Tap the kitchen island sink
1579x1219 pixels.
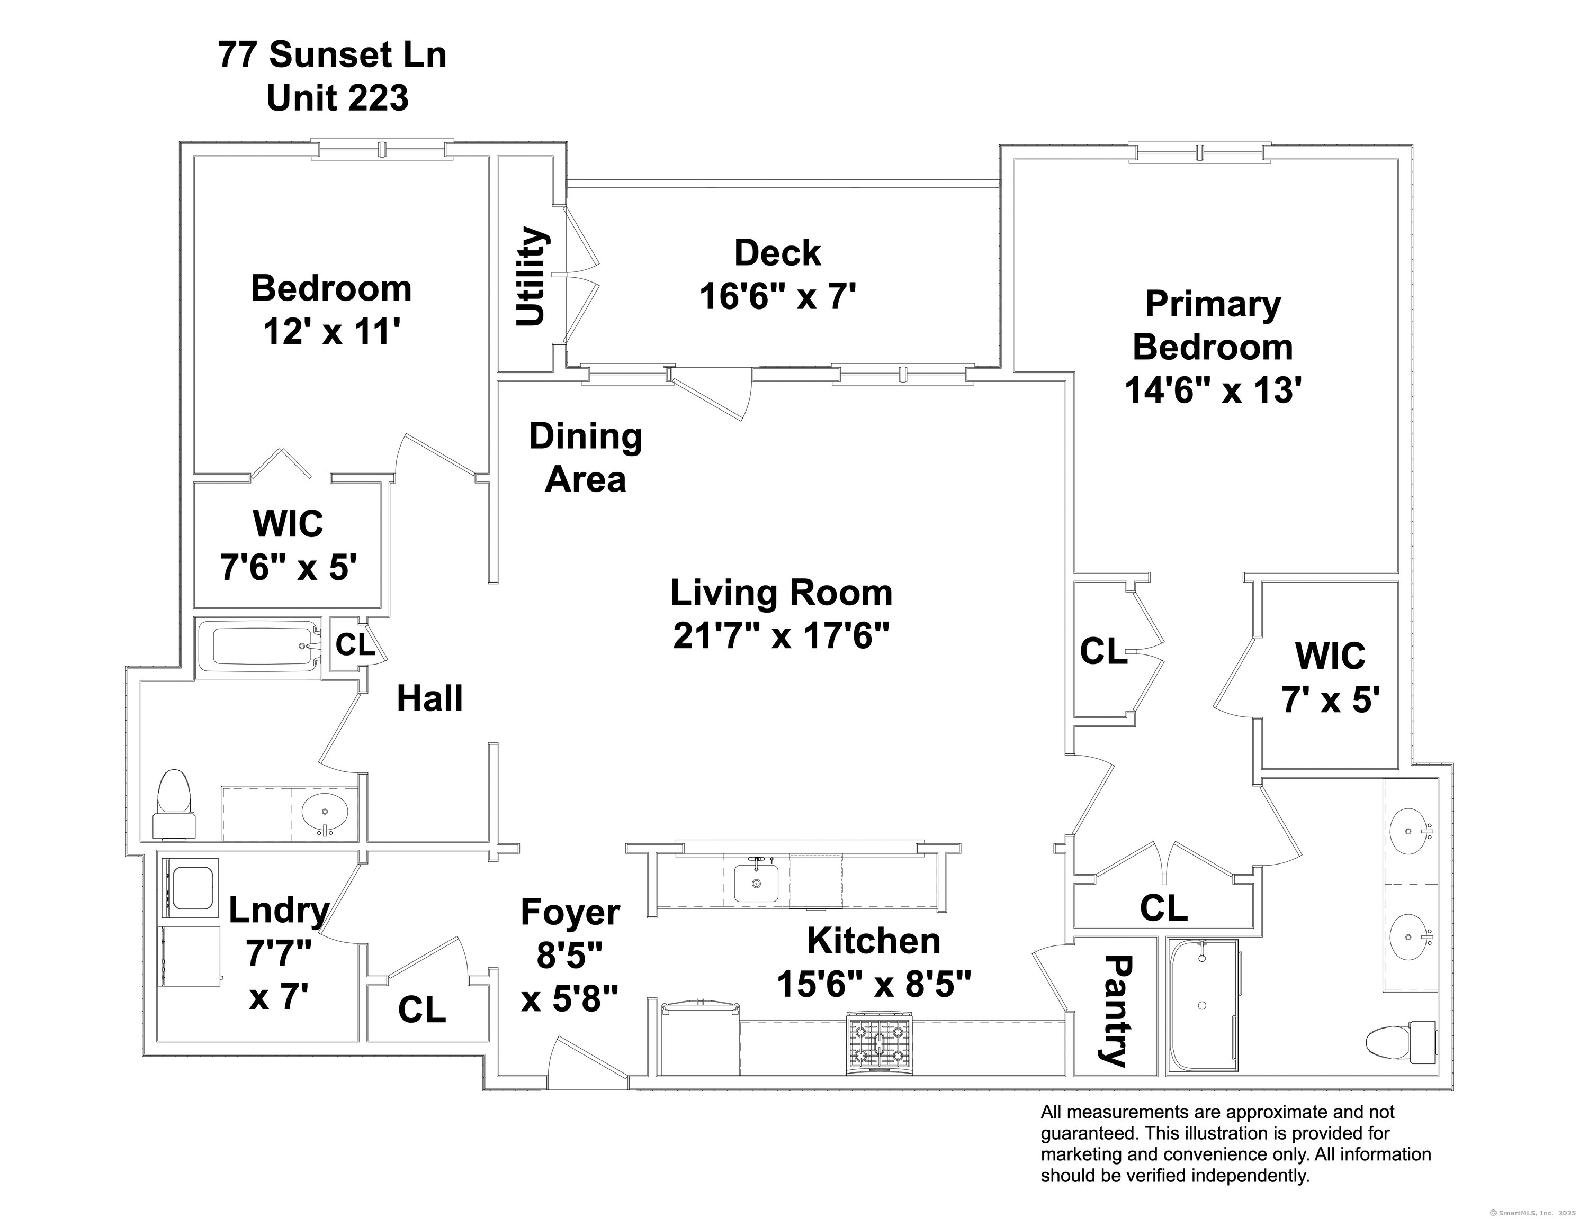[756, 883]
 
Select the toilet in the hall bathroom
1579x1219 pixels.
[174, 804]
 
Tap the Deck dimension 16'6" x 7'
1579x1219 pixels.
[777, 296]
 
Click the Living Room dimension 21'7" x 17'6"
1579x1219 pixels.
[781, 636]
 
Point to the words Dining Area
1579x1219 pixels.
[586, 458]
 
